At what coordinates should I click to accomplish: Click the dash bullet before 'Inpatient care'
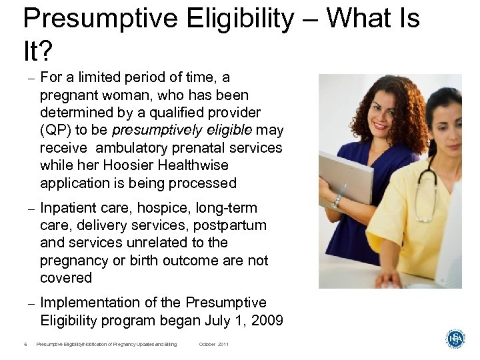(29, 209)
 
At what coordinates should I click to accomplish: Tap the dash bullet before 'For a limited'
(29, 78)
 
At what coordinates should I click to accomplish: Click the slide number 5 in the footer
(25, 345)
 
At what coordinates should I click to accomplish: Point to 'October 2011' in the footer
(213, 345)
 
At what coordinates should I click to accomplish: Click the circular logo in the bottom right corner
(455, 339)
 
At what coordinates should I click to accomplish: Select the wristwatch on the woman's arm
(337, 199)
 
